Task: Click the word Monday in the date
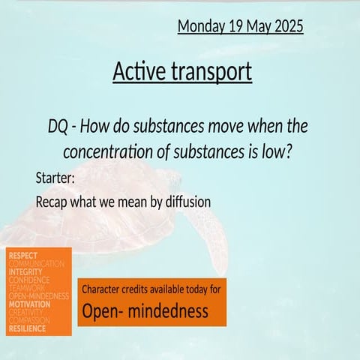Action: coord(201,26)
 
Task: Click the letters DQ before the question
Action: coord(58,125)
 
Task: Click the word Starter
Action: coord(56,178)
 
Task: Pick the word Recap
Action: coord(52,202)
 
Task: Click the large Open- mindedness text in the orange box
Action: coord(145,310)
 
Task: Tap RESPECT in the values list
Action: coord(23,256)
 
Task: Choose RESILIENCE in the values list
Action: coord(27,328)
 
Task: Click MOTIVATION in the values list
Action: coord(29,304)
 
